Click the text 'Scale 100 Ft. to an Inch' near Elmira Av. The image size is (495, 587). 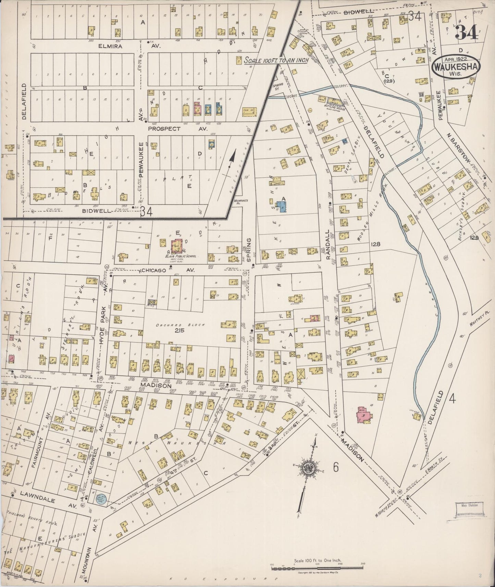pos(276,60)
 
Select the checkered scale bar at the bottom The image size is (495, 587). pos(317,569)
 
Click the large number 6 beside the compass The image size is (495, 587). pos(335,467)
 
